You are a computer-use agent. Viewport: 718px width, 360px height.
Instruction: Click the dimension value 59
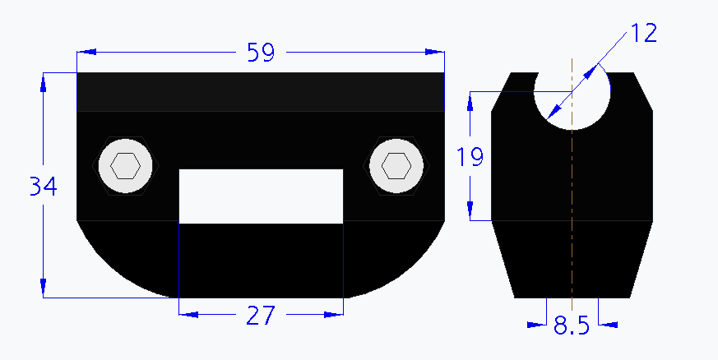(x=260, y=53)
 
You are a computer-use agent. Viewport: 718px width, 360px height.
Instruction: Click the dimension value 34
(x=43, y=187)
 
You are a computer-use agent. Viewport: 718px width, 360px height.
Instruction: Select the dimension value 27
(x=261, y=316)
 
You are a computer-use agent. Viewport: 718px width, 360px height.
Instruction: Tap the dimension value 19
(x=470, y=156)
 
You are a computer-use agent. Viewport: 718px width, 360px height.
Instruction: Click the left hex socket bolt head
(x=125, y=166)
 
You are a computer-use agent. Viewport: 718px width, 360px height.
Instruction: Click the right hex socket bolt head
(x=397, y=166)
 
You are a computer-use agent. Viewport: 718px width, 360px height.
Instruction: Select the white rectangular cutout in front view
(x=261, y=196)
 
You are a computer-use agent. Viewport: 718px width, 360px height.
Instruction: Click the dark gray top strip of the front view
(x=260, y=91)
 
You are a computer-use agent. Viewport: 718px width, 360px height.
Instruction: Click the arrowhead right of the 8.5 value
(x=609, y=325)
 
